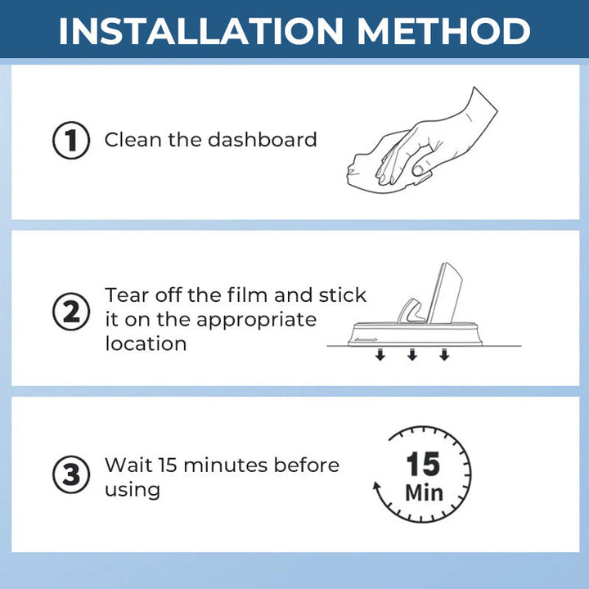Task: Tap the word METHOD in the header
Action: (443, 31)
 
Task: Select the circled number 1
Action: (71, 140)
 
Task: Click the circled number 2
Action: (71, 312)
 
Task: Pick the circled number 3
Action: (71, 474)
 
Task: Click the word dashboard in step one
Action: (263, 139)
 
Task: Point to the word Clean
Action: (133, 139)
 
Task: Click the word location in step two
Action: (146, 344)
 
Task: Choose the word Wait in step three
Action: (128, 465)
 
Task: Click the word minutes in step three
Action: (226, 465)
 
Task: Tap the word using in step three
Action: (133, 491)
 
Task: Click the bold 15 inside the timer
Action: (424, 464)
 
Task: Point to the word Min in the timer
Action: (424, 492)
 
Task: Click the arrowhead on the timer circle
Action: (377, 486)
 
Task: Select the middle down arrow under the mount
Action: (412, 354)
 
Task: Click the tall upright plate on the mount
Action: (446, 292)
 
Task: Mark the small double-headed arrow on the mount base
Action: (366, 340)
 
